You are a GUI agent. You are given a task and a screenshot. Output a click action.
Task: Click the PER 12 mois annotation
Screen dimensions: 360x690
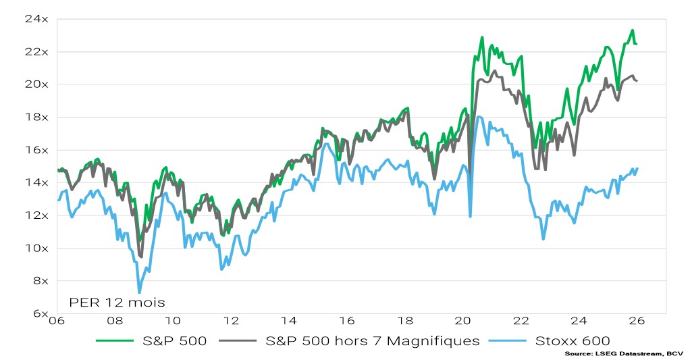tap(117, 302)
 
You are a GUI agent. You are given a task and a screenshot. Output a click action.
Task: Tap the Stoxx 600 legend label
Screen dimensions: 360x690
tap(573, 340)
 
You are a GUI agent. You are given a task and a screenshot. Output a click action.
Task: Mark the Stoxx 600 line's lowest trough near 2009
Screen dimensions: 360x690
tap(139, 292)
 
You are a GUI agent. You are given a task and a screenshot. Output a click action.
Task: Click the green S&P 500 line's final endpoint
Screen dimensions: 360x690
tap(637, 44)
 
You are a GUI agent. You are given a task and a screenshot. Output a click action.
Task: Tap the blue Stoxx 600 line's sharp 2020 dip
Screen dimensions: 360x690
tap(470, 216)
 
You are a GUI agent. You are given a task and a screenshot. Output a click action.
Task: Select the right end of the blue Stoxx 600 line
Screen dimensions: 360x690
tap(637, 168)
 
